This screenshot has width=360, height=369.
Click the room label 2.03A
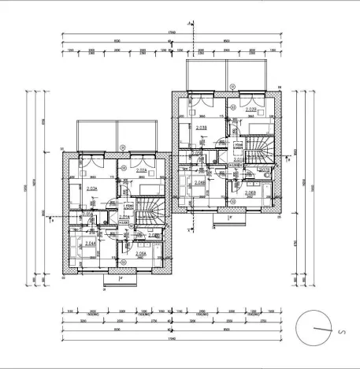tap(91, 188)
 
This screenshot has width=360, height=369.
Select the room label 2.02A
tap(143, 170)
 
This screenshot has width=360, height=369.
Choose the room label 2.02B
tap(251, 110)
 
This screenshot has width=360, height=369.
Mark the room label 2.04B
tap(200, 182)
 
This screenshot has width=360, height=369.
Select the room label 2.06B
tap(251, 192)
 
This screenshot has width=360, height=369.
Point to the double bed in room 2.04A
tap(80, 244)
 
